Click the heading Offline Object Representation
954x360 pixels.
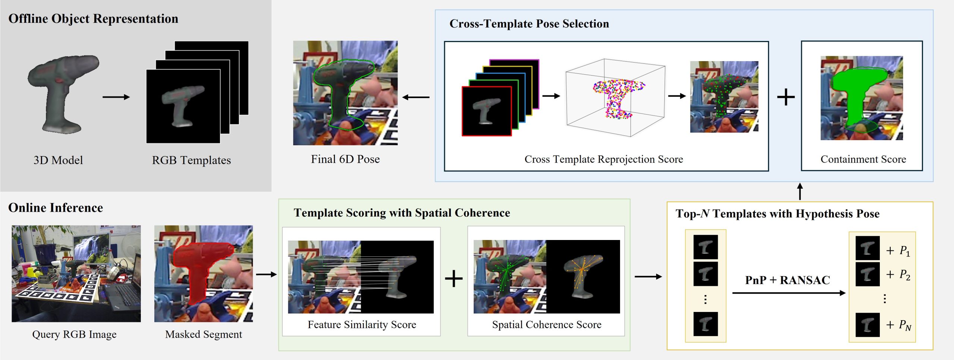93,19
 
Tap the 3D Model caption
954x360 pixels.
58,160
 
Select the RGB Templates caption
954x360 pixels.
191,160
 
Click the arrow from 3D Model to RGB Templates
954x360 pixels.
116,97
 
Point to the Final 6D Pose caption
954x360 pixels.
345,159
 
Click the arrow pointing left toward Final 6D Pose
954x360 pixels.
416,97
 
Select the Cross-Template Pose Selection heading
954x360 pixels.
529,24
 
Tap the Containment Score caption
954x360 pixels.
863,160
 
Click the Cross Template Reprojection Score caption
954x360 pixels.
604,160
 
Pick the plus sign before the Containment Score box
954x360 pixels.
786,97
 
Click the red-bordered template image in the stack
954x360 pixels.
487,111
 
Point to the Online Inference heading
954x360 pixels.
56,208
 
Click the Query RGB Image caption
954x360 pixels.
74,334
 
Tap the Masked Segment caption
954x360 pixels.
203,334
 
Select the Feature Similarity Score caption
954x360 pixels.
362,325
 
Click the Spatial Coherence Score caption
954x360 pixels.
547,325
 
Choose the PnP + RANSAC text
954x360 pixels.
787,280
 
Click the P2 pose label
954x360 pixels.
905,275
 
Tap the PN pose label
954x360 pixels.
905,325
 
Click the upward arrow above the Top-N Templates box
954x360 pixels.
800,192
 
